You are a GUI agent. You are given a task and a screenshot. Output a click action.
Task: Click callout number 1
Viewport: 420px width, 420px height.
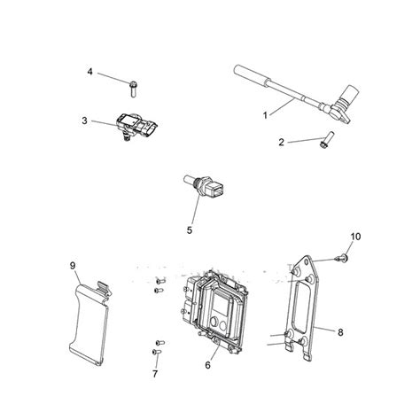pyautogui.click(x=265, y=115)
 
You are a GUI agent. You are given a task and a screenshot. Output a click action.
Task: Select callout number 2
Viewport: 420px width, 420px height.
pyautogui.click(x=281, y=143)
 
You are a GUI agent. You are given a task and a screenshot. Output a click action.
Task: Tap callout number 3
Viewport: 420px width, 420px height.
pyautogui.click(x=85, y=121)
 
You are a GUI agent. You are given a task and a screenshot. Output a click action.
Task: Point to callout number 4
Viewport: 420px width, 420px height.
pyautogui.click(x=90, y=72)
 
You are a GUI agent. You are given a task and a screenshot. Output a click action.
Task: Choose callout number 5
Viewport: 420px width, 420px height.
pyautogui.click(x=190, y=230)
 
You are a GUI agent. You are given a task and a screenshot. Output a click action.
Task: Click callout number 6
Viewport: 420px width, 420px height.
pyautogui.click(x=208, y=365)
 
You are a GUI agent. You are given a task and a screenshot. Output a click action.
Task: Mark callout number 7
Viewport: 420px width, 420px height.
pyautogui.click(x=155, y=374)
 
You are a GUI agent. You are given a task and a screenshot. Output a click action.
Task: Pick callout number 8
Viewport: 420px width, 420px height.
pyautogui.click(x=340, y=332)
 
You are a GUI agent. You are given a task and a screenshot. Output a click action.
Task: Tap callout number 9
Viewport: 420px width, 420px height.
pyautogui.click(x=73, y=266)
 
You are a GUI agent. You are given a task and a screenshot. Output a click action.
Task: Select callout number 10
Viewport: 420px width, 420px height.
pyautogui.click(x=355, y=237)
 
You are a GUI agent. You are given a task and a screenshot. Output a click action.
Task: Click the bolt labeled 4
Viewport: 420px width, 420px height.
pyautogui.click(x=133, y=89)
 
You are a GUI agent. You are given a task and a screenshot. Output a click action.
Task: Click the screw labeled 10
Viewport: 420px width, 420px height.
pyautogui.click(x=342, y=258)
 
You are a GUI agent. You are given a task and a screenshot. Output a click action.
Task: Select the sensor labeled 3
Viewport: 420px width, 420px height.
pyautogui.click(x=136, y=127)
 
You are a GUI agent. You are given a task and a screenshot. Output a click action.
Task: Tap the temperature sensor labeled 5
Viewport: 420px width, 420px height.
pyautogui.click(x=205, y=187)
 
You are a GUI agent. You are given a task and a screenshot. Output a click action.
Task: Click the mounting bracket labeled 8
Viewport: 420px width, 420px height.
pyautogui.click(x=303, y=307)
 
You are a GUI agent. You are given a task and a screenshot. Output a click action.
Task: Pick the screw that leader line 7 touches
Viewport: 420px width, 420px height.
pyautogui.click(x=156, y=352)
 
